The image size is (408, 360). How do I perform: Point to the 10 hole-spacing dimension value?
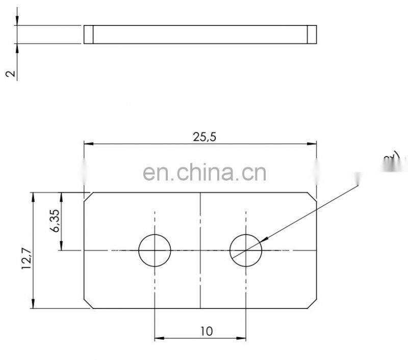click(206, 331)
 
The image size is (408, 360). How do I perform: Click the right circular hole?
click(245, 250)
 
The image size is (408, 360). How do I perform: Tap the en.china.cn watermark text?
click(205, 173)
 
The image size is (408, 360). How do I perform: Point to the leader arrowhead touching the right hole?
click(263, 239)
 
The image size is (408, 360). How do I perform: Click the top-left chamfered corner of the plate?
click(88, 196)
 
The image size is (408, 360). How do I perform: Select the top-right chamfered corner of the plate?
click(312, 196)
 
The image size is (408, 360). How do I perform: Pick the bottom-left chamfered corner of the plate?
click(88, 304)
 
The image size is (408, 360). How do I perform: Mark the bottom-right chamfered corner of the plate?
click(312, 304)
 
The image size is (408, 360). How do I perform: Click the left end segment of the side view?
click(89, 34)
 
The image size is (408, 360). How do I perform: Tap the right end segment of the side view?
click(312, 34)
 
